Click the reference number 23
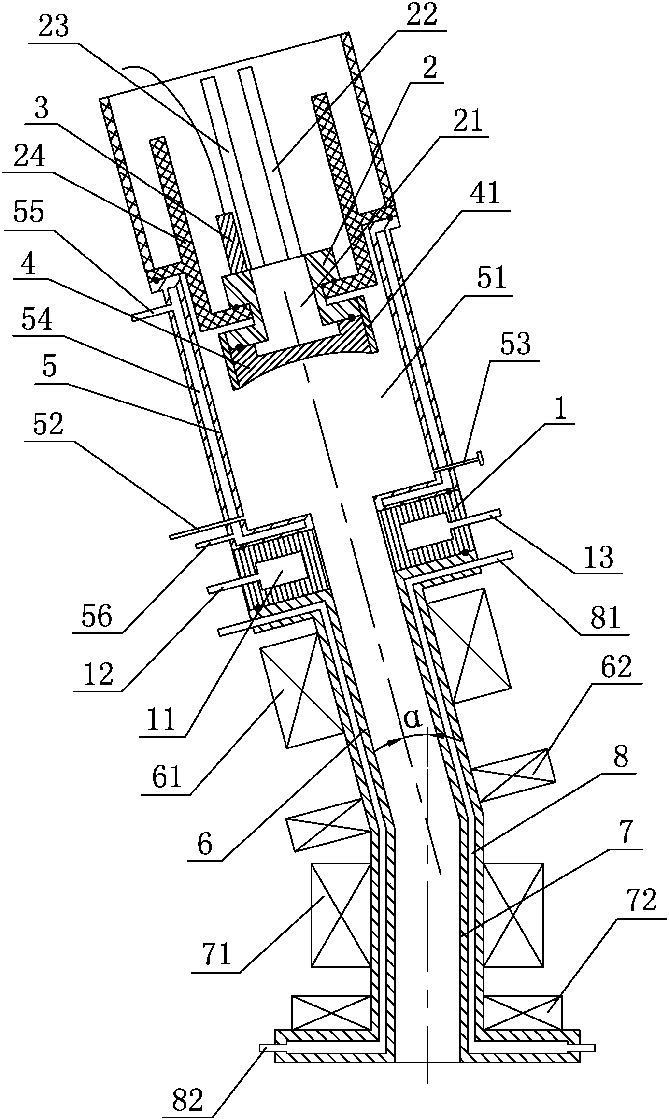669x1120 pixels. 54,28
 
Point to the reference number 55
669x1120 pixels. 29,213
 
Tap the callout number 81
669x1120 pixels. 604,619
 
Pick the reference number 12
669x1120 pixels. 98,675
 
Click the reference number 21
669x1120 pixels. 468,121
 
